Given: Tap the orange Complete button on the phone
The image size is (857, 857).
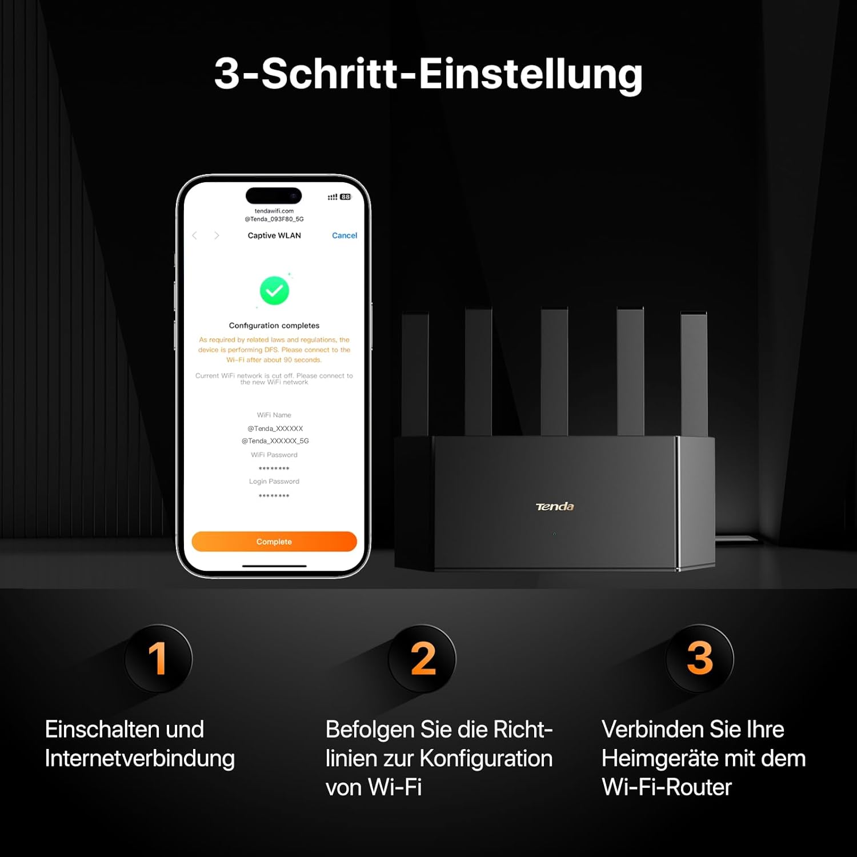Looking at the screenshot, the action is (x=274, y=542).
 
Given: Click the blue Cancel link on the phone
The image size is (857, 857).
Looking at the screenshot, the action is (x=345, y=235).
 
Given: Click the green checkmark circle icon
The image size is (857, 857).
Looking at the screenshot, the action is (x=274, y=291).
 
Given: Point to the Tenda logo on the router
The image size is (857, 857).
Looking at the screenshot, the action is (x=554, y=506).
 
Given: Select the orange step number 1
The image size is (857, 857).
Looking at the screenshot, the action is (x=158, y=658).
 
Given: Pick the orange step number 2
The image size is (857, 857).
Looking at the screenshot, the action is (x=423, y=658).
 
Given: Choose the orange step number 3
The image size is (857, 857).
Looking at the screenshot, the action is (x=700, y=658).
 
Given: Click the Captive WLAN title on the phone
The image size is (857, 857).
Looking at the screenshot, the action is (x=274, y=235).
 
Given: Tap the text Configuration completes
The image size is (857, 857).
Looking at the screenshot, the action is (x=274, y=326).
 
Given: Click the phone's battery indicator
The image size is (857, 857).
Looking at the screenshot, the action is (x=345, y=197).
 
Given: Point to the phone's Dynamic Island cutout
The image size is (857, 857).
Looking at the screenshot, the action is (x=274, y=195).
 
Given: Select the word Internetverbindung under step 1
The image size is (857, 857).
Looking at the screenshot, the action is (x=140, y=759).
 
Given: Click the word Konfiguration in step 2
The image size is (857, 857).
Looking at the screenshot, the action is (x=486, y=759).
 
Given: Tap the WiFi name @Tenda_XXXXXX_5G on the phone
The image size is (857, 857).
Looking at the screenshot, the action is (x=275, y=441).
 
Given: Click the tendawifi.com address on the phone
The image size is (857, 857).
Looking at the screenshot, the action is (x=274, y=211).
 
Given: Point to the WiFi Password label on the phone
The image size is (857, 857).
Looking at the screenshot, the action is (x=274, y=455).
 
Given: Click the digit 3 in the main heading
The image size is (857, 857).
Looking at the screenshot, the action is (x=227, y=74).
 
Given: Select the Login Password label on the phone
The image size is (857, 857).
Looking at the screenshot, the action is (x=274, y=482).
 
